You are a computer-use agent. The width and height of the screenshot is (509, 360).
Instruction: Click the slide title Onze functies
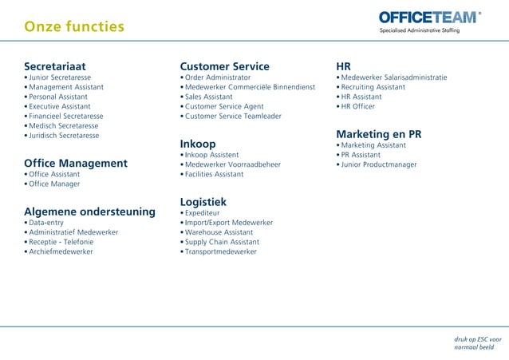(x=74, y=27)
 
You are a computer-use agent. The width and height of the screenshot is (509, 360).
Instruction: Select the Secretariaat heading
(x=55, y=65)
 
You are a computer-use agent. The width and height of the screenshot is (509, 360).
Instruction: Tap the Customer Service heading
(x=224, y=65)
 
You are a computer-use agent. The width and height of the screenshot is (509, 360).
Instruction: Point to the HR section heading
(x=343, y=65)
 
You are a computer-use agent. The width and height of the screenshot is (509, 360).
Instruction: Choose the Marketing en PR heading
(x=378, y=133)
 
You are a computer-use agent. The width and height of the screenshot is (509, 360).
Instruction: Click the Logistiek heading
(x=203, y=201)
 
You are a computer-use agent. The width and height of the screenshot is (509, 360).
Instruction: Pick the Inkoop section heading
(x=198, y=143)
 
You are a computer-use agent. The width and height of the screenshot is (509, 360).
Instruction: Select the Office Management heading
(x=76, y=163)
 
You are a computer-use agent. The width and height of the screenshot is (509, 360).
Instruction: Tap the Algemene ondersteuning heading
(x=89, y=211)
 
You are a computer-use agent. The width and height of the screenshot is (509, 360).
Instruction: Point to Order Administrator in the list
(x=217, y=77)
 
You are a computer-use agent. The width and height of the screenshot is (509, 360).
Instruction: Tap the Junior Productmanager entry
(x=379, y=164)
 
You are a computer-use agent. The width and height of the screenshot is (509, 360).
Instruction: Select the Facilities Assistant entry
(x=214, y=174)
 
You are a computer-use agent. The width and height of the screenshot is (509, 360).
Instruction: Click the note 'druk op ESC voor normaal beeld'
(x=478, y=342)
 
